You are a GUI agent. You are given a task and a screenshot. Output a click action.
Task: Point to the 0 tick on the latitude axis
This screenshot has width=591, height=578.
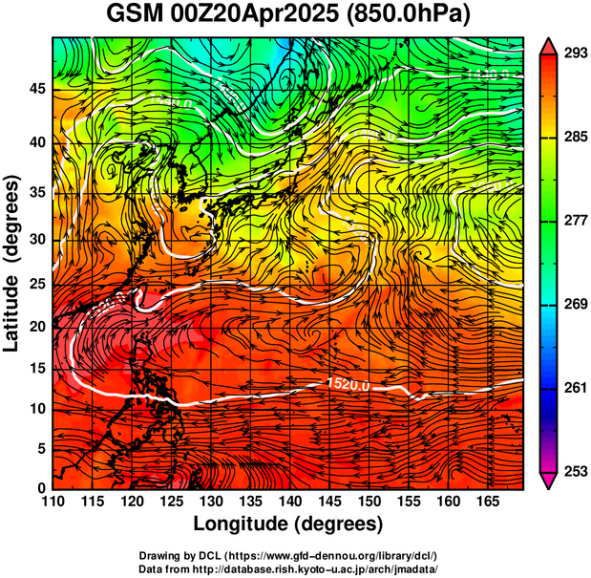coord(42,488)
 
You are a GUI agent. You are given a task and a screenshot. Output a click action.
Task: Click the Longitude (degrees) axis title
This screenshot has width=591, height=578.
coord(288,524)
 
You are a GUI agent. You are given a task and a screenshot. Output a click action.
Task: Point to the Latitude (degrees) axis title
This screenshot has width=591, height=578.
coord(12,263)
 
